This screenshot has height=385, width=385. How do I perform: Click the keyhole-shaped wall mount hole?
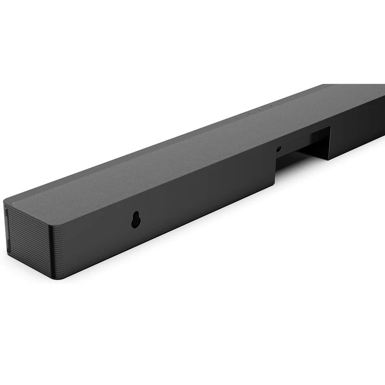[135, 219]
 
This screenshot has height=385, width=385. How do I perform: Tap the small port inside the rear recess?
[279, 149]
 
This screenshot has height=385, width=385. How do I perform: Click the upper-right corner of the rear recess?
[330, 128]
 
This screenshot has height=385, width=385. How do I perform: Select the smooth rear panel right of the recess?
[356, 130]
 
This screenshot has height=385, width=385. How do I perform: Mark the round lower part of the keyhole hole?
[135, 223]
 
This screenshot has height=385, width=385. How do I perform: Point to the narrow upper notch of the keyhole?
[135, 215]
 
